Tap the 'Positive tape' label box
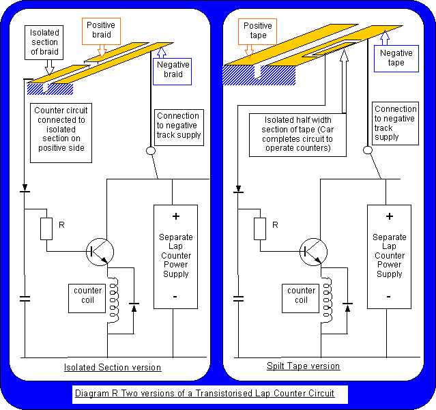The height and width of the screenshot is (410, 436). (x=257, y=30)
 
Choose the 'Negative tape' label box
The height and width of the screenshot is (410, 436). (x=396, y=58)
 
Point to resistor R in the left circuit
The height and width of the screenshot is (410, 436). (x=46, y=229)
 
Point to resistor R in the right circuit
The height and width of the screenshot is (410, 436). (x=260, y=229)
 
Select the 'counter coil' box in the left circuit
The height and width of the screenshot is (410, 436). (x=88, y=295)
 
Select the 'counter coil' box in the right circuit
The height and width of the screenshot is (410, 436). (x=302, y=295)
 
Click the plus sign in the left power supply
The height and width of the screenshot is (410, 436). (x=175, y=216)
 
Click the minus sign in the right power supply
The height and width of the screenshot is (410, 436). (x=389, y=296)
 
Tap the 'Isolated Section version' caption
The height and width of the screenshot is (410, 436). (x=113, y=368)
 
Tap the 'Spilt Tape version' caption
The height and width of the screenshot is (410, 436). (x=303, y=366)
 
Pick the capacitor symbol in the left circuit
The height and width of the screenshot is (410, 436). (x=25, y=298)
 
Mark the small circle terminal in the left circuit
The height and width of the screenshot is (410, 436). (x=149, y=151)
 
